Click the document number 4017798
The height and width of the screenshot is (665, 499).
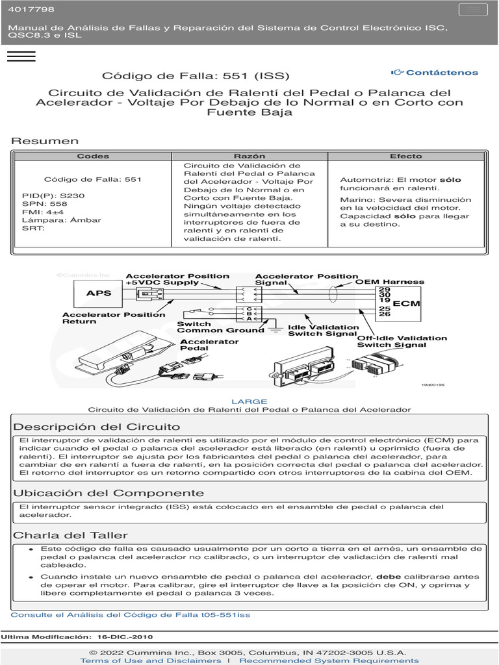[x=31, y=10]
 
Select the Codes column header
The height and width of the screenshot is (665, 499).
[x=93, y=156]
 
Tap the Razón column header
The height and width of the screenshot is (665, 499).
[x=249, y=156]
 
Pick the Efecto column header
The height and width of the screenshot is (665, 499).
[x=405, y=156]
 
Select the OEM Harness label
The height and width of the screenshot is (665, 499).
[x=389, y=282]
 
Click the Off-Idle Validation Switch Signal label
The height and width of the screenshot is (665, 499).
[x=402, y=342]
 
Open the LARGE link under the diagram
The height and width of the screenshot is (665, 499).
[x=249, y=401]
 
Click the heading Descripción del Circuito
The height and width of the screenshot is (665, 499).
[x=97, y=427]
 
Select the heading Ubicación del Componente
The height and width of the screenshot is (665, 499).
[x=109, y=493]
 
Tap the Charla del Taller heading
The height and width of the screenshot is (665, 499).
[x=71, y=535]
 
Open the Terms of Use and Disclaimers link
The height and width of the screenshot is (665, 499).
[x=151, y=660]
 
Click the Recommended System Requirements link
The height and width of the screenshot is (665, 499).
[x=329, y=660]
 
